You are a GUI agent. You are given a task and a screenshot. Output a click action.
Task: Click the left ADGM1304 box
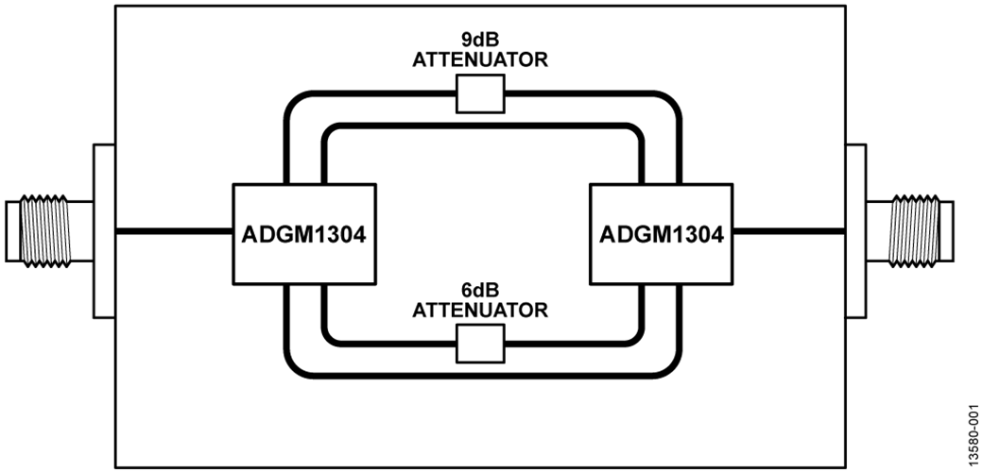[x=304, y=234]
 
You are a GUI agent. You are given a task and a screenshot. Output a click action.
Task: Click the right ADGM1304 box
[x=661, y=234]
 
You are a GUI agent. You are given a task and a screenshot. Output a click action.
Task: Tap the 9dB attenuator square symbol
[x=480, y=93]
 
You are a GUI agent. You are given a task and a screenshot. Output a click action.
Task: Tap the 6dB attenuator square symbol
[x=480, y=344]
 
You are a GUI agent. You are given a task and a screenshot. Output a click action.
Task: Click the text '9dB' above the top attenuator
[x=480, y=42]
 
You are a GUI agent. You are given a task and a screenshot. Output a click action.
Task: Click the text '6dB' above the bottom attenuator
[x=480, y=292]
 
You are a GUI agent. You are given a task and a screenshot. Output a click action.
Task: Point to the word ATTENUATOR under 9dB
[x=480, y=60]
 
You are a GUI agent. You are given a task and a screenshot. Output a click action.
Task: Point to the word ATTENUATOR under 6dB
[x=480, y=310]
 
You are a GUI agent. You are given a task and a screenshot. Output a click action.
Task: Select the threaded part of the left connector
[x=43, y=230]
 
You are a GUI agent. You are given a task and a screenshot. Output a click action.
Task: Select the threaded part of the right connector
[x=915, y=230]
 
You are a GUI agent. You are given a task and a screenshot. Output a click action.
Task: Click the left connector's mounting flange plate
[x=104, y=231]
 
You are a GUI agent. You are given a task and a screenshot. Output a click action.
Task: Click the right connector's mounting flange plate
[x=856, y=231]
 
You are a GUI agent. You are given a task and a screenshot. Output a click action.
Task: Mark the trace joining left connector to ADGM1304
[x=174, y=231]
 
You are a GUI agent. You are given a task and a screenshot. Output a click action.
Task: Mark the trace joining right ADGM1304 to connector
[x=789, y=231]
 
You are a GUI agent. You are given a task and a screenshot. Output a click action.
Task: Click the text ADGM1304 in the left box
[x=304, y=236]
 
